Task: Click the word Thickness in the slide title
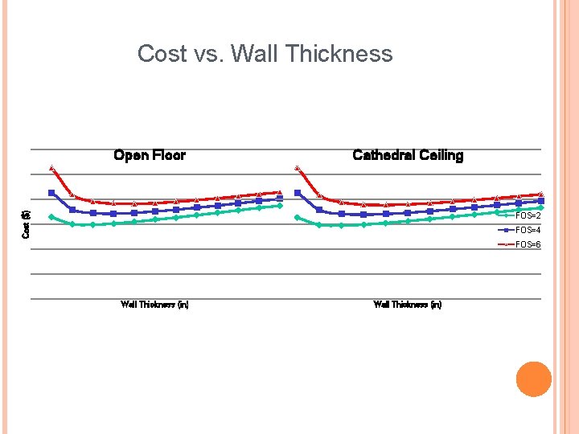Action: (x=338, y=54)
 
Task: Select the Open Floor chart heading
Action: (x=150, y=155)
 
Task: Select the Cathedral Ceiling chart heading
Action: (x=408, y=155)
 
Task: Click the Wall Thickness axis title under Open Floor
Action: (x=154, y=305)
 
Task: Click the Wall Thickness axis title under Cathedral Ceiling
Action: (x=408, y=305)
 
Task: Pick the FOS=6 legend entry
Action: (x=528, y=244)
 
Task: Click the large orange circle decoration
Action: (x=533, y=379)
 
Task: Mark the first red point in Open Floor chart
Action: (x=51, y=168)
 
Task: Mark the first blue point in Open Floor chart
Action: (x=51, y=193)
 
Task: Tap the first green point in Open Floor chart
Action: (x=51, y=217)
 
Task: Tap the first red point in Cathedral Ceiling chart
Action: (x=298, y=168)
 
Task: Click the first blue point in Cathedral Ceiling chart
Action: (x=298, y=193)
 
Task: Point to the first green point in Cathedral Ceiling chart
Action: (x=298, y=218)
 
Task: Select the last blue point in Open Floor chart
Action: (x=280, y=199)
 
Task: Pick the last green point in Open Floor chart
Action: (x=280, y=206)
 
